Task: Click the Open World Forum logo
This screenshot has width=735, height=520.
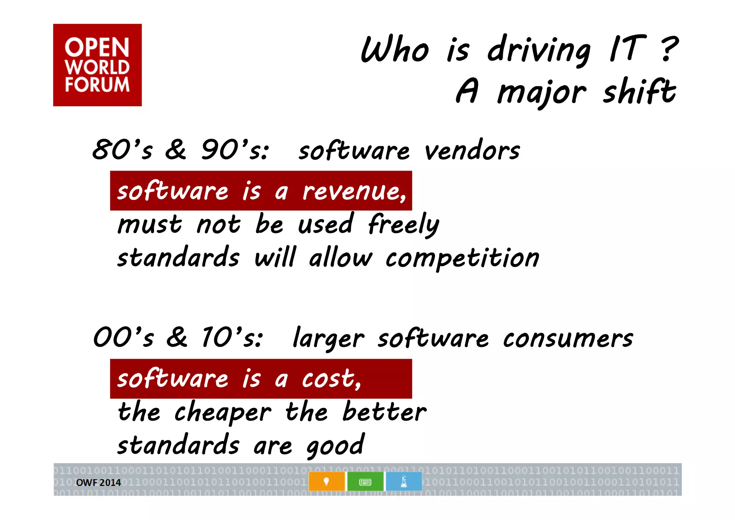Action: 97,65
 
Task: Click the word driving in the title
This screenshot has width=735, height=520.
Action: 538,50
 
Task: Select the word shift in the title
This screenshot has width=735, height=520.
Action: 639,92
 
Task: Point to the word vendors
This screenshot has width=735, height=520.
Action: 472,150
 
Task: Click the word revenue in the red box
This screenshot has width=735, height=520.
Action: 354,191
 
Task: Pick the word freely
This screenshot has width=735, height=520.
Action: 403,224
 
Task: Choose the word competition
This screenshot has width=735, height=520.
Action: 462,258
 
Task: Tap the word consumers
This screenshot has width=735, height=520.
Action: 568,338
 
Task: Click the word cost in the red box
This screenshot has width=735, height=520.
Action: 331,379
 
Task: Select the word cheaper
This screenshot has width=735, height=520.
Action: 223,412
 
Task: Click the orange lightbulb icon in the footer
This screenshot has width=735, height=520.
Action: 326,482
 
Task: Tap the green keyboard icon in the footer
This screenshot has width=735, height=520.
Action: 365,482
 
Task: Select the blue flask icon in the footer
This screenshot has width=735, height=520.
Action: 404,482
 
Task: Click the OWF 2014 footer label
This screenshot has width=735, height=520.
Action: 98,483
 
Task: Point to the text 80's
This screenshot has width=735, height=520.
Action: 122,149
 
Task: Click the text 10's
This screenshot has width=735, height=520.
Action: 232,338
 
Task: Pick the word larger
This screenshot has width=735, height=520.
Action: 328,338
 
